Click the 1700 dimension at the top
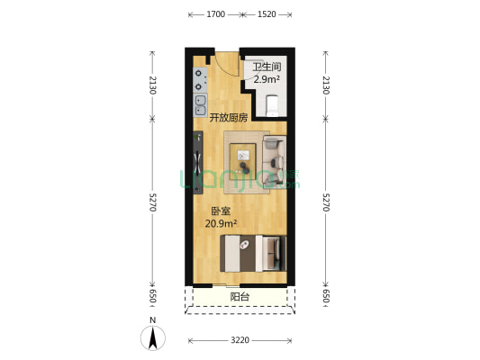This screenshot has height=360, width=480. click(x=216, y=14)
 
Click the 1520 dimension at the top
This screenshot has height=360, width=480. click(x=267, y=14)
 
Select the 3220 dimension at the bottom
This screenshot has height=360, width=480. click(x=240, y=340)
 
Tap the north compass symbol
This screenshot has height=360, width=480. click(x=153, y=337)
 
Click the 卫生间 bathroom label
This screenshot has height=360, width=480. click(x=267, y=67)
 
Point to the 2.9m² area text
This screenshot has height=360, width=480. click(x=267, y=79)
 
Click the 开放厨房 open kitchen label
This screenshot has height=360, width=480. click(x=229, y=118)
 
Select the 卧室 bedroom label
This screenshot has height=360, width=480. click(x=221, y=211)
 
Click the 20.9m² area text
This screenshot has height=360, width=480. click(x=221, y=224)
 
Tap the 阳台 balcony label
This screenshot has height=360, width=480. click(x=240, y=297)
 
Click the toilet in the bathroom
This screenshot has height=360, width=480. click(x=272, y=105)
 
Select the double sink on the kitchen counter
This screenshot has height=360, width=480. click(x=201, y=105)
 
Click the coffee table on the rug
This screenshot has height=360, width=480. click(x=243, y=157)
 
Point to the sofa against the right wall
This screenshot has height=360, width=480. click(x=275, y=162)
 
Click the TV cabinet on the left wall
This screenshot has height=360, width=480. click(x=198, y=162)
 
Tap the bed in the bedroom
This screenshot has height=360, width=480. click(x=253, y=253)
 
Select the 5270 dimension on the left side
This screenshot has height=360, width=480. click(x=152, y=202)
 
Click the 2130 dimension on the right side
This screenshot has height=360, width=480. click(x=326, y=85)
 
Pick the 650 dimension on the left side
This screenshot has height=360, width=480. click(x=152, y=296)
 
